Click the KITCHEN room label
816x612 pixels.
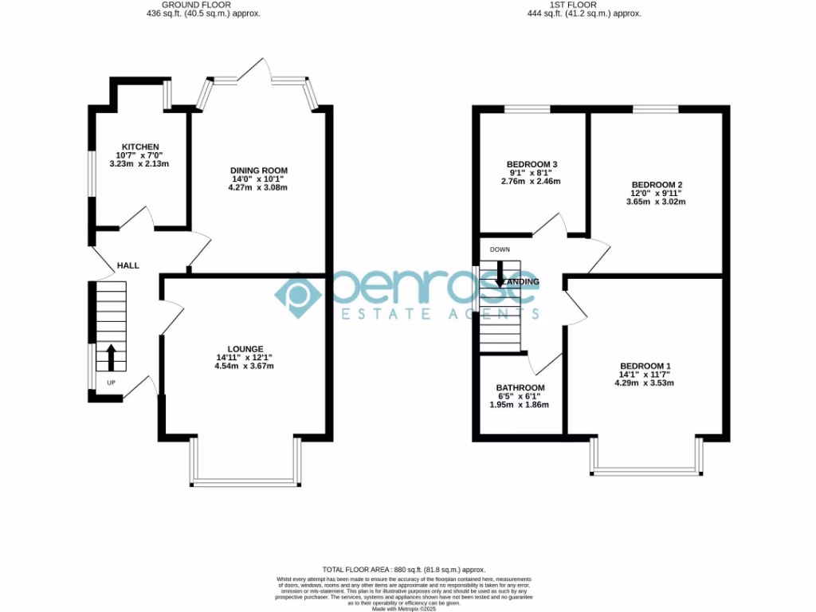131,147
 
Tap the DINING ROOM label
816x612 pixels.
258,171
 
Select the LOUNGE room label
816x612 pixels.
245,349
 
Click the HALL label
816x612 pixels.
127,265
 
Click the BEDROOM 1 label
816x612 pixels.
645,366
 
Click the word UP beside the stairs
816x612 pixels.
111,383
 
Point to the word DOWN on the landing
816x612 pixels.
500,249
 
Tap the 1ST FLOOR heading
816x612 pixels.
583,5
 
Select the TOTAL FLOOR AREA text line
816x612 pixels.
407,570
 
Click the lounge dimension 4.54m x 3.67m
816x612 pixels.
245,367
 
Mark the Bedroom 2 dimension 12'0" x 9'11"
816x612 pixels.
656,193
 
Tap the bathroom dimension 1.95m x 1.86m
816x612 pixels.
519,405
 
